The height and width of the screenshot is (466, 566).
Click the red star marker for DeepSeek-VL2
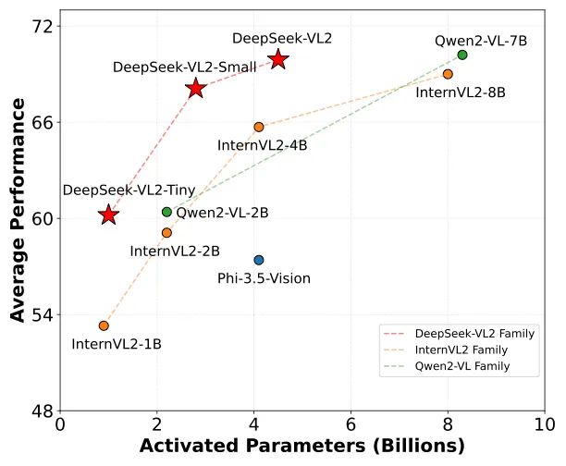coord(278,59)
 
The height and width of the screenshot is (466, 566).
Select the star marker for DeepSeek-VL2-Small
coord(195,88)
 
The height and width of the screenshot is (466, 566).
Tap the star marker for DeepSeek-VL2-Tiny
coord(108,215)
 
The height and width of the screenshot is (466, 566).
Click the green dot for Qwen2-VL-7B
coord(462,55)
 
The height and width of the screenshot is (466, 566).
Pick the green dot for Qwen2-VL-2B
coord(166,212)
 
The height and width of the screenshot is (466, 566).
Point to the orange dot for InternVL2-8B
coord(448,74)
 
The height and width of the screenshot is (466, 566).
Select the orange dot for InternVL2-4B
coord(259,127)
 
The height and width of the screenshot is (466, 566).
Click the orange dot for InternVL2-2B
coord(166,233)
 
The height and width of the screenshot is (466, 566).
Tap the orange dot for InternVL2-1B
coord(104,325)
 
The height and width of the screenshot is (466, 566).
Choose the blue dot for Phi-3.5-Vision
coord(259,260)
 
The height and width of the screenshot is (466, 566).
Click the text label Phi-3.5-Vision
coord(264,278)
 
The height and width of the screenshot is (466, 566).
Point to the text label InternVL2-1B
coord(117,344)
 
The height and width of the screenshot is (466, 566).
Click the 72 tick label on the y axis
coord(41,26)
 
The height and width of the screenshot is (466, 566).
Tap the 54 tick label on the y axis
coord(41,314)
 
